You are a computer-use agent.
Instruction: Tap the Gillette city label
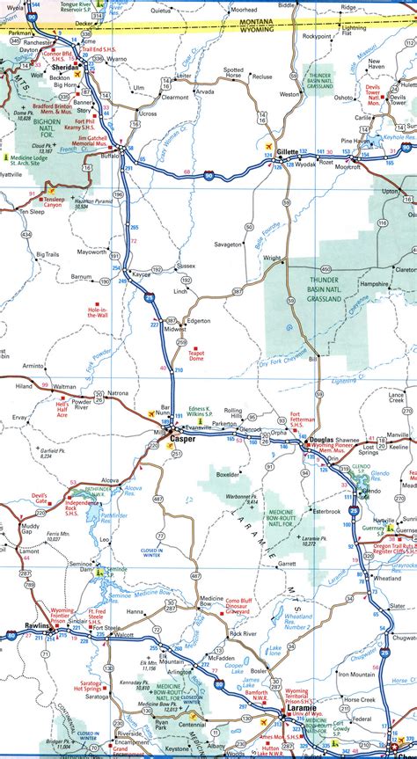click(x=288, y=151)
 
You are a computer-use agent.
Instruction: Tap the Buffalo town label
click(x=111, y=155)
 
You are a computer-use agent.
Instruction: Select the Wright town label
click(x=273, y=259)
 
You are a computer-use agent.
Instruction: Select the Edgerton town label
click(x=199, y=321)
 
